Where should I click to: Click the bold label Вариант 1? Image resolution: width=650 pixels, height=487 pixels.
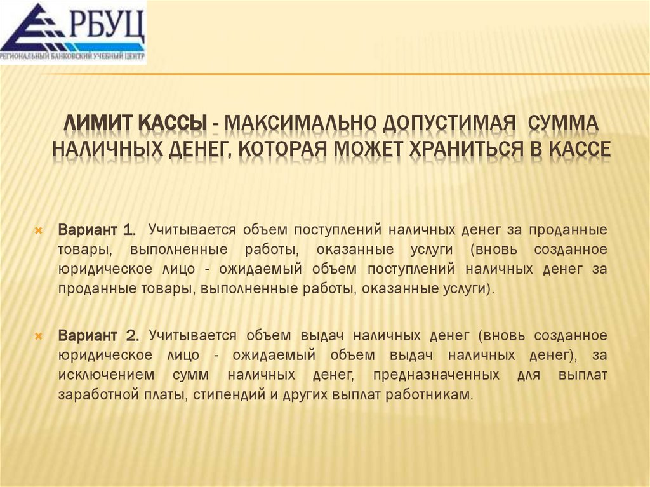pos(96,229)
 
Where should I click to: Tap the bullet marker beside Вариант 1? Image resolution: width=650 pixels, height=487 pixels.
pos(38,229)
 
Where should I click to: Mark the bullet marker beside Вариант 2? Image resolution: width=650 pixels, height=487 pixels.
pos(38,335)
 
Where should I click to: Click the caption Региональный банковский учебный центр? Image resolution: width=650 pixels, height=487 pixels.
pos(72,58)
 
